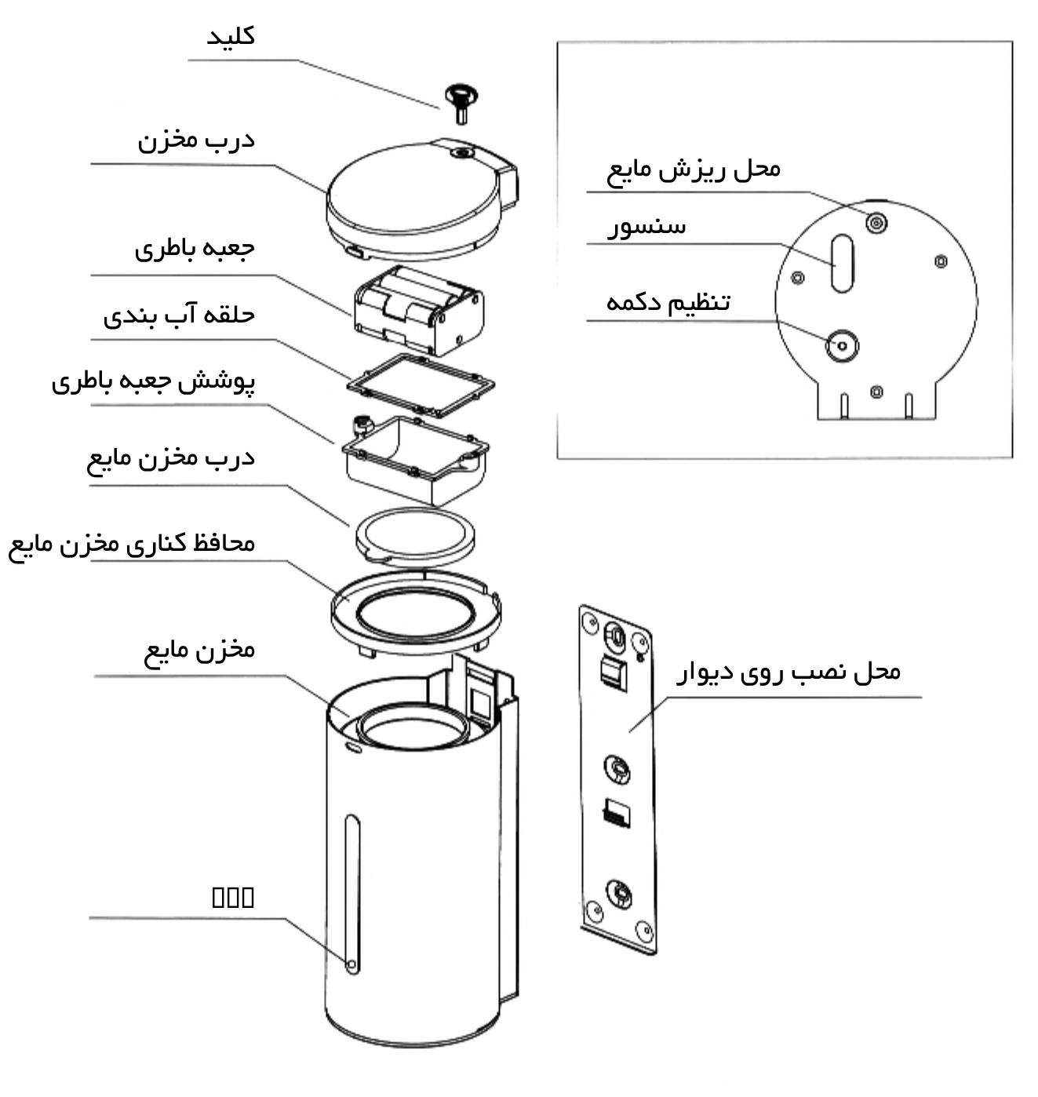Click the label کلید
(231, 37)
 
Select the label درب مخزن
(196, 140)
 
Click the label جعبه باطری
(195, 249)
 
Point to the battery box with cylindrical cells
(418, 308)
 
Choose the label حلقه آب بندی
(179, 315)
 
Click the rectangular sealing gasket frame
(421, 386)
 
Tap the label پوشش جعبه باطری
(154, 382)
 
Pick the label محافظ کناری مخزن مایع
(132, 544)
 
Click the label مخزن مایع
(199, 650)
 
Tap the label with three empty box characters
(233, 897)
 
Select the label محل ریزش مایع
(694, 169)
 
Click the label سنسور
(646, 228)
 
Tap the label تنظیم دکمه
(668, 302)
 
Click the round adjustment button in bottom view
(842, 345)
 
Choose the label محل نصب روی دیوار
(789, 672)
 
